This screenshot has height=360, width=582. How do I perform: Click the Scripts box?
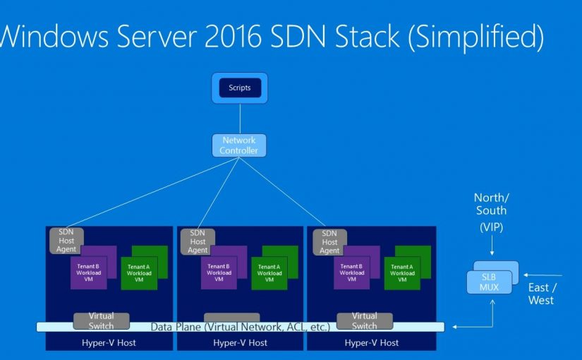(x=240, y=88)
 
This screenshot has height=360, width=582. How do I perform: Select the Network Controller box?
(x=239, y=145)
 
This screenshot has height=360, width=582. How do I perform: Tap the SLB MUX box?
(x=490, y=282)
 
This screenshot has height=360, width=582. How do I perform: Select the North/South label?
(x=490, y=205)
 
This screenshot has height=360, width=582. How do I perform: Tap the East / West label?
(x=541, y=294)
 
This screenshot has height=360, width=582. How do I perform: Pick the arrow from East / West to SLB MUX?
(x=543, y=275)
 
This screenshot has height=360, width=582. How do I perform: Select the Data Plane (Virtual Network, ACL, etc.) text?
(x=241, y=327)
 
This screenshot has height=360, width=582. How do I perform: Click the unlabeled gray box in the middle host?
(x=231, y=318)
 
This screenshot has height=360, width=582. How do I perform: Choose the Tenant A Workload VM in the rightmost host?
(x=402, y=273)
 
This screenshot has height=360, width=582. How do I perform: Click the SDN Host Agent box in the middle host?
(x=198, y=241)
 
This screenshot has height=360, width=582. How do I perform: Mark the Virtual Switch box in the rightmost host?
(x=364, y=320)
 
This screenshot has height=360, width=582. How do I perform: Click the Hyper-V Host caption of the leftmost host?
(x=109, y=343)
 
